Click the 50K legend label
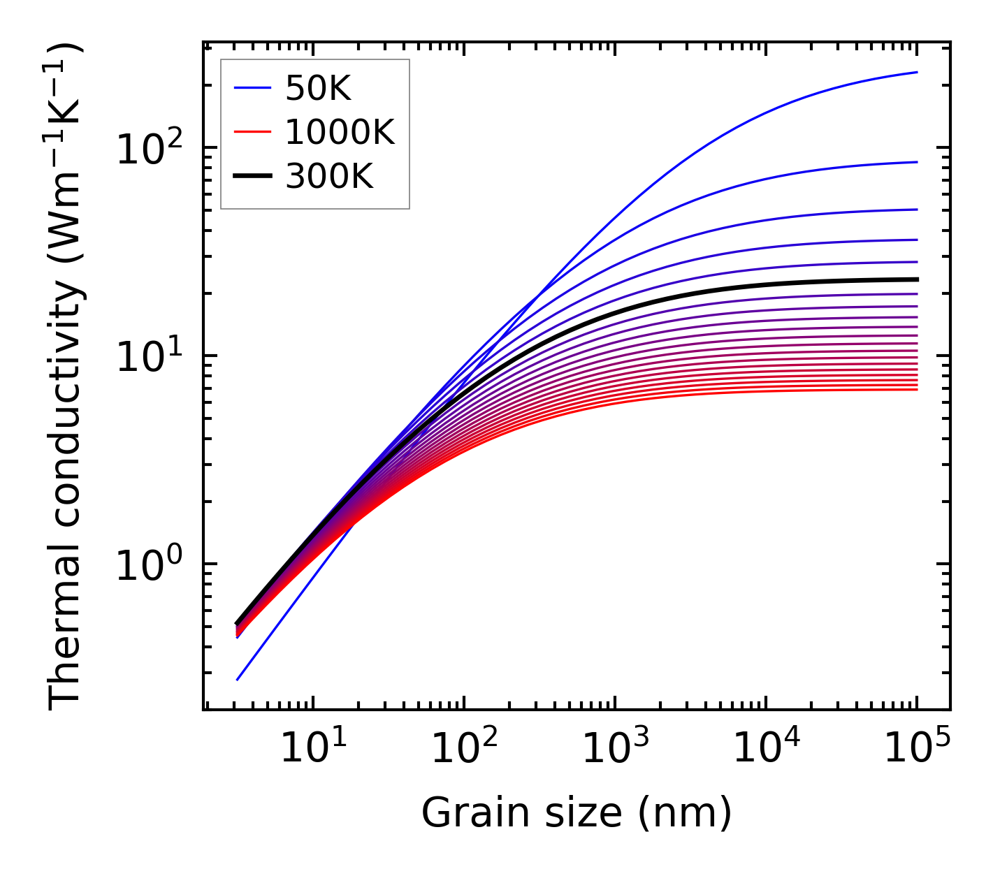click(318, 88)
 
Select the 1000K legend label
click(340, 132)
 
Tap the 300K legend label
click(329, 177)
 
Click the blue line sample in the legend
click(252, 88)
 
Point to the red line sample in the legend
click(252, 132)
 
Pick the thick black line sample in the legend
click(252, 177)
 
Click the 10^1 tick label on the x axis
click(312, 750)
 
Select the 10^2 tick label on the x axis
click(463, 750)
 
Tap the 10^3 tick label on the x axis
click(614, 750)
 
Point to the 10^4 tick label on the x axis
click(765, 750)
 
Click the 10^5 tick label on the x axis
click(916, 750)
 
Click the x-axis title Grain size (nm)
click(577, 813)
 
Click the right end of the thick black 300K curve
click(916, 279)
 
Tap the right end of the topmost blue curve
click(916, 73)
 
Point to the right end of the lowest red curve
click(916, 389)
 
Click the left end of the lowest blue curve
click(238, 679)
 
